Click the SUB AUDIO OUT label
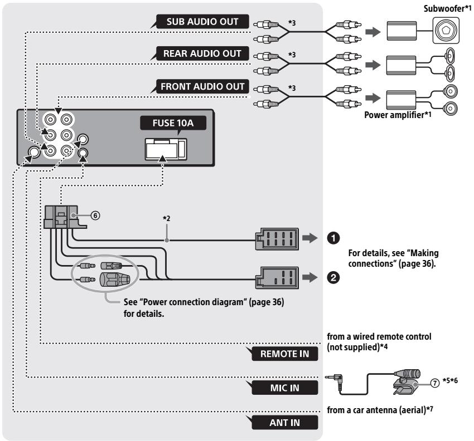(x=202, y=21)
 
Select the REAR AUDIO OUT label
(x=202, y=53)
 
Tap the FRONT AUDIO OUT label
(x=202, y=86)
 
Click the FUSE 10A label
(x=173, y=123)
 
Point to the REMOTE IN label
(x=284, y=354)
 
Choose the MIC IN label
(x=284, y=388)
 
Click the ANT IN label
(x=284, y=423)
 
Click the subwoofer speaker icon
(x=446, y=31)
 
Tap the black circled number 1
(x=333, y=238)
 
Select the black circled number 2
(x=333, y=277)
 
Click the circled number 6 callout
(x=95, y=215)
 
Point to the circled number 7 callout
(x=435, y=383)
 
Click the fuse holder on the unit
(x=166, y=149)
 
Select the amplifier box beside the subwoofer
(x=402, y=31)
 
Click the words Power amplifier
(x=394, y=115)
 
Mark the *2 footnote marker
(x=167, y=218)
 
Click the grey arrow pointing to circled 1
(x=309, y=238)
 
